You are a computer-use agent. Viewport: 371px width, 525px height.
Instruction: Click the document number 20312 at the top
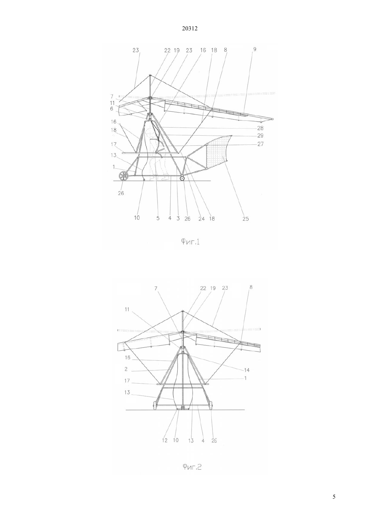[x=190, y=29]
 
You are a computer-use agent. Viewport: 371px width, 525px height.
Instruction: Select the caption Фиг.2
[x=192, y=467]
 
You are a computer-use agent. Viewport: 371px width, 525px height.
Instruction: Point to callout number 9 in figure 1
[x=255, y=49]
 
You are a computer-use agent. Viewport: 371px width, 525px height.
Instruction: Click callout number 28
[x=260, y=128]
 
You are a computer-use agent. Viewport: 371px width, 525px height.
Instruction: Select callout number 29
[x=260, y=136]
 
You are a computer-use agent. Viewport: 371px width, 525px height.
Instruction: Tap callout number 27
[x=260, y=144]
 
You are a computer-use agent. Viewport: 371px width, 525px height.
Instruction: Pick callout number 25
[x=246, y=219]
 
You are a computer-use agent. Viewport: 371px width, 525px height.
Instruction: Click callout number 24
[x=201, y=219]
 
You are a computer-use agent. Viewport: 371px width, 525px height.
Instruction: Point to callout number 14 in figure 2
[x=247, y=370]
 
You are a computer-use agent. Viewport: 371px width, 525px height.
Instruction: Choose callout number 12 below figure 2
[x=165, y=440]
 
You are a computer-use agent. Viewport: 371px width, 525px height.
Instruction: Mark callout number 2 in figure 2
[x=126, y=369]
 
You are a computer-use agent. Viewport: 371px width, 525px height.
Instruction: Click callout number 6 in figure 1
[x=112, y=109]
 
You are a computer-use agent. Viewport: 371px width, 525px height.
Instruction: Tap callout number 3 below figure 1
[x=178, y=218]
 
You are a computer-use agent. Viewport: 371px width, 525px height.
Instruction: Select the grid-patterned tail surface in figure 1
[x=218, y=153]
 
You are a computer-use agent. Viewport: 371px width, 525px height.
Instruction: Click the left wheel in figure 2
[x=155, y=406]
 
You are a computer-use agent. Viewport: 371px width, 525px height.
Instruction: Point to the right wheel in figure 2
[x=211, y=406]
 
